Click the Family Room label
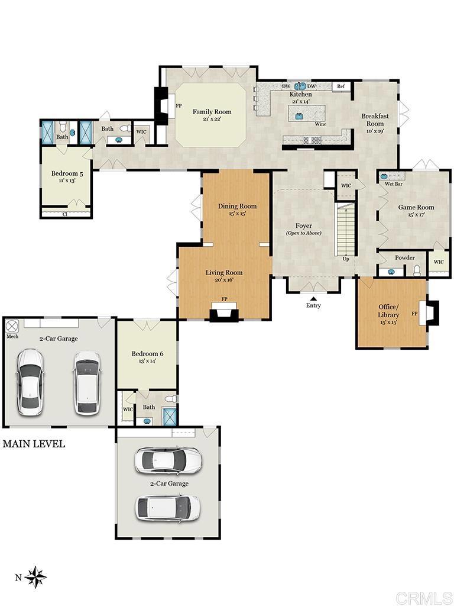pyautogui.click(x=212, y=112)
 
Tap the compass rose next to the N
pyautogui.click(x=35, y=577)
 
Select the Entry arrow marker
pyautogui.click(x=313, y=298)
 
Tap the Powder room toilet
pyautogui.click(x=417, y=270)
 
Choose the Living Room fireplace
pyautogui.click(x=224, y=311)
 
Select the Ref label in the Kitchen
pyautogui.click(x=340, y=86)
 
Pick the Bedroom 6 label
pyautogui.click(x=147, y=354)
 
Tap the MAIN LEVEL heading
pyautogui.click(x=34, y=444)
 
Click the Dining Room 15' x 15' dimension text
pyautogui.click(x=237, y=213)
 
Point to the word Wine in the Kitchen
pyautogui.click(x=320, y=124)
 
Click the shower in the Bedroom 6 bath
pyautogui.click(x=170, y=416)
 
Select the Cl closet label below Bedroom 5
pyautogui.click(x=65, y=214)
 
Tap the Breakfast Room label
pyautogui.click(x=375, y=120)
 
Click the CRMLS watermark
pyautogui.click(x=424, y=598)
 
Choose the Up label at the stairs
pyautogui.click(x=346, y=259)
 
